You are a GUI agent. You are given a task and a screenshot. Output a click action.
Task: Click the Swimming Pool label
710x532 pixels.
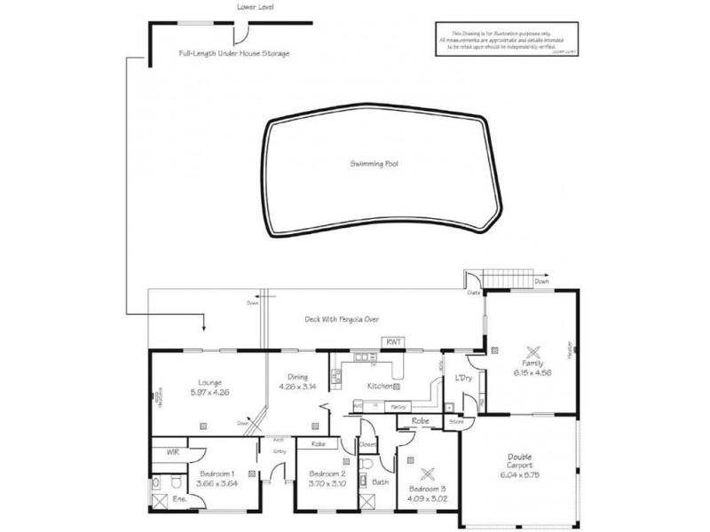372,164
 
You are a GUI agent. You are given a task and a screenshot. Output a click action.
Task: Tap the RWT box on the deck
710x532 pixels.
393,341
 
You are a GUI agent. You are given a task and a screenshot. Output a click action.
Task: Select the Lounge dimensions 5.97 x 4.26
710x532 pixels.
210,393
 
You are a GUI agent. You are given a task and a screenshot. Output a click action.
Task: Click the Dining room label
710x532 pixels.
296,376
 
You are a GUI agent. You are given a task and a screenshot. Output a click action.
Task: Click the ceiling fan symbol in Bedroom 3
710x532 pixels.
430,472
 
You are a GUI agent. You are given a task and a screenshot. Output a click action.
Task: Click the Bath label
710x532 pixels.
380,483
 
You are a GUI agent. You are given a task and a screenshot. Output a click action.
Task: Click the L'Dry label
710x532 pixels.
463,379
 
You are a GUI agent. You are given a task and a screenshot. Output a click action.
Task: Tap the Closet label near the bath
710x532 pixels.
368,444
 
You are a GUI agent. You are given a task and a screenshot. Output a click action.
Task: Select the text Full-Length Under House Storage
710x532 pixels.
234,53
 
